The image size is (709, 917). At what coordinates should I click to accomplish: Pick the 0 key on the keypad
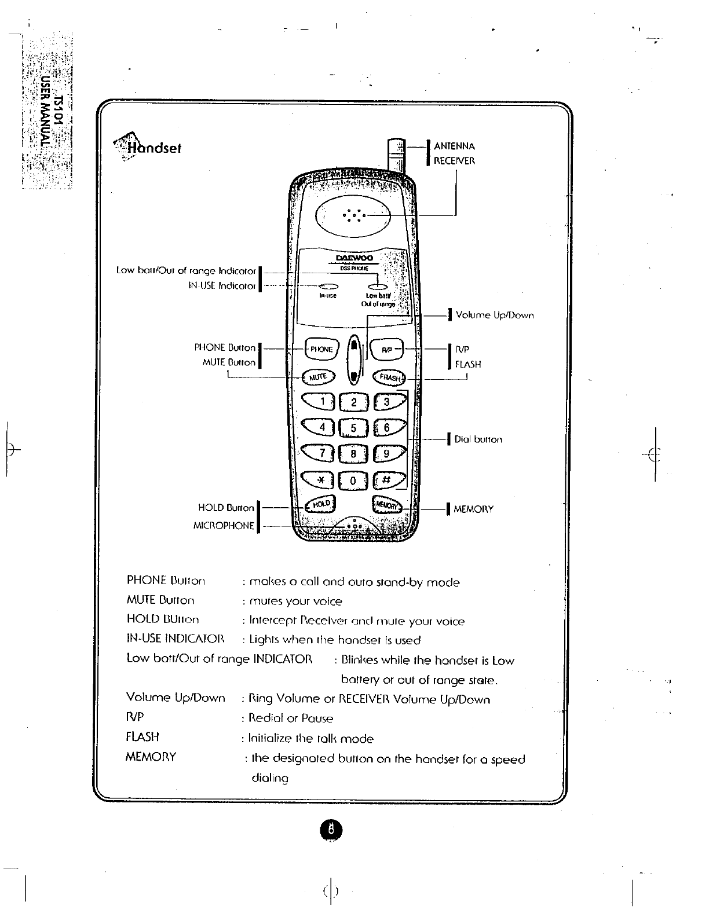353,480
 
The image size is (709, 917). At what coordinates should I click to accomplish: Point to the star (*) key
318,480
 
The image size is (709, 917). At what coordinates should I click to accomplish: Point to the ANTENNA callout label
454,146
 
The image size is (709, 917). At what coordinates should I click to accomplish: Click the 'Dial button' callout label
478,439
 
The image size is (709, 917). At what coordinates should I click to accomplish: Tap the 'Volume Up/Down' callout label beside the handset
494,316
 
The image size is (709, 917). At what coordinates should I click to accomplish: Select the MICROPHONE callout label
223,526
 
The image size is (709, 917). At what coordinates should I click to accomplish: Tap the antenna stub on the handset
394,153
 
